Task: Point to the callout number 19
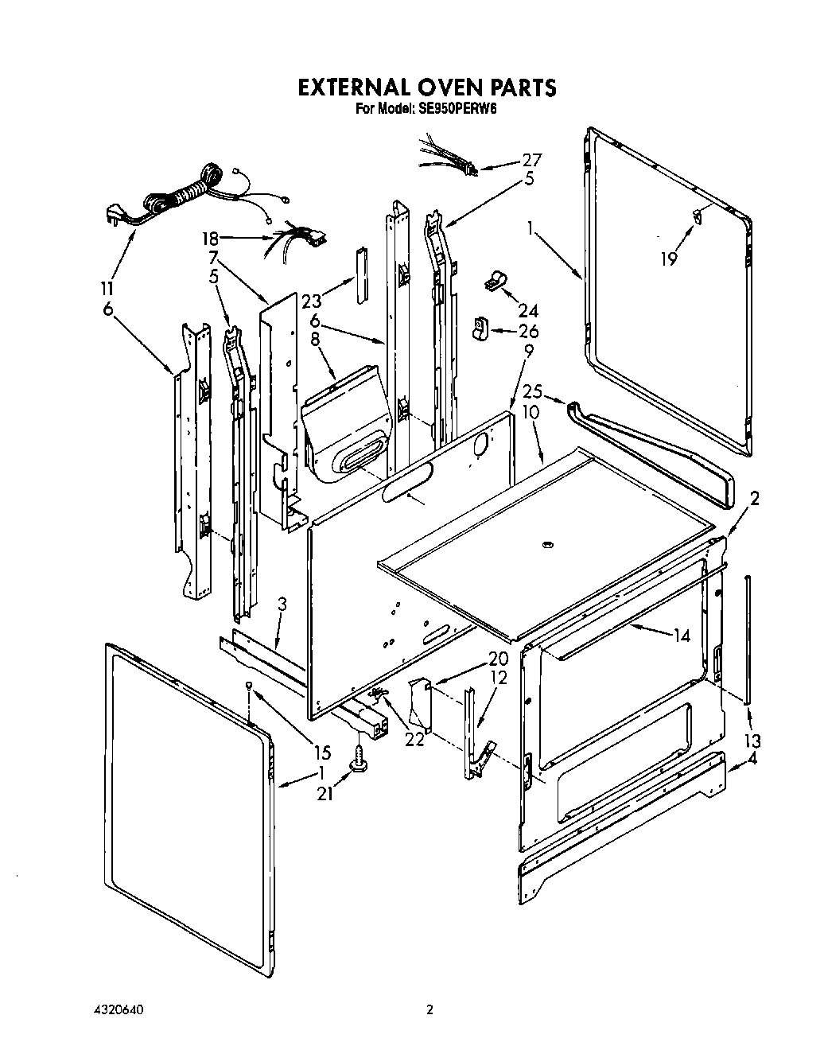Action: [669, 258]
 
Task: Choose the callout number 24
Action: [528, 310]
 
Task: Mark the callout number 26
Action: [528, 331]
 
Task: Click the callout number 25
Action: [532, 392]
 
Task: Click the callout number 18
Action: [209, 237]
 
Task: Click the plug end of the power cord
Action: [115, 215]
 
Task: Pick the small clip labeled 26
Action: [482, 328]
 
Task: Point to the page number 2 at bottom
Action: [429, 1010]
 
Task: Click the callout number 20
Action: [498, 658]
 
